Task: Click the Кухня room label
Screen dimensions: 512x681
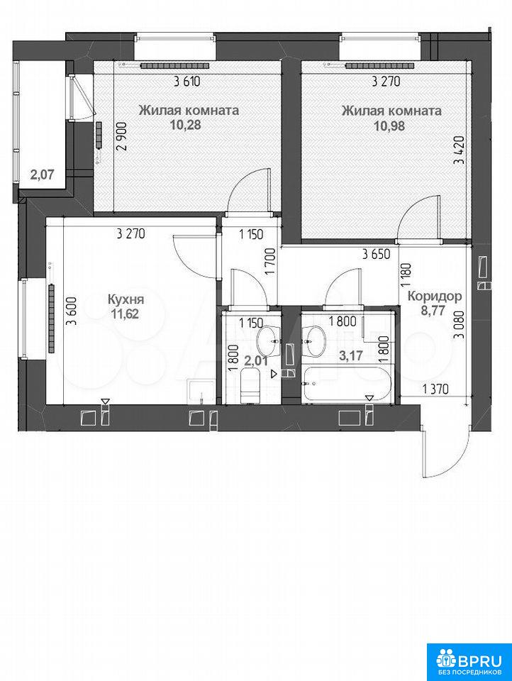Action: [x=126, y=299]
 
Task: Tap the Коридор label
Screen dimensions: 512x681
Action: [x=435, y=297]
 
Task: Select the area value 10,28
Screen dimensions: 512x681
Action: [x=189, y=125]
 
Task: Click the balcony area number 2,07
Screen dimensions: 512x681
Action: [x=42, y=175]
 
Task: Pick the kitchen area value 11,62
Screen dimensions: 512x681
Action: [x=126, y=314]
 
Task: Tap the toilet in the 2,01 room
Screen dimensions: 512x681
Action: [x=250, y=386]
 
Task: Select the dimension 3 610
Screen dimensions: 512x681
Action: [x=187, y=81]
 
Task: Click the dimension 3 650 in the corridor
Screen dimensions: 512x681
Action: [x=376, y=254]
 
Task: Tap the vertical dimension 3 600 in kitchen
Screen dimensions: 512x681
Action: [x=72, y=311]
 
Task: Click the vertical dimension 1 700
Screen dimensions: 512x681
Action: [x=272, y=260]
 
